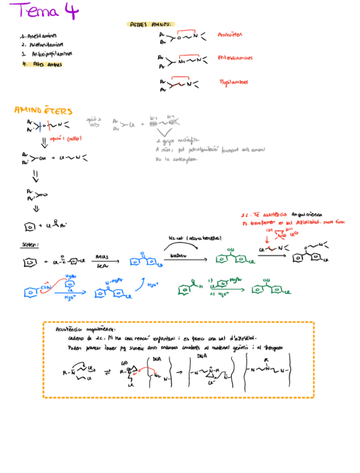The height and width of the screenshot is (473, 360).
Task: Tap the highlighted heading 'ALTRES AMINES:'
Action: (152, 25)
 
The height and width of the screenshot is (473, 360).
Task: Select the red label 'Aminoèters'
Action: (230, 35)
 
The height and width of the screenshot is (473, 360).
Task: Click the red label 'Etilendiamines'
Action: (236, 57)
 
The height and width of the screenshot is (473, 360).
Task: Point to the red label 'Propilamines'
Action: (233, 82)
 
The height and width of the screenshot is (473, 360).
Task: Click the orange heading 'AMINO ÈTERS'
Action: (43, 111)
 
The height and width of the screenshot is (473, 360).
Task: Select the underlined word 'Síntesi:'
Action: (29, 244)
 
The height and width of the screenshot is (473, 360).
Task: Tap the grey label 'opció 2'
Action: (94, 119)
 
